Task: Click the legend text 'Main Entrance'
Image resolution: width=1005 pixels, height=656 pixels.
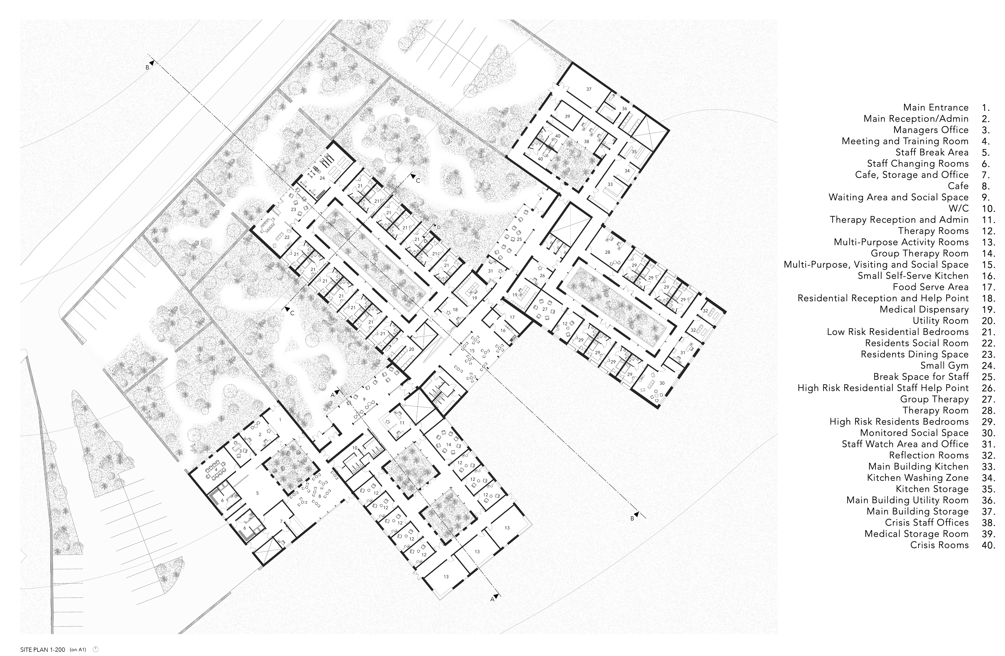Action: [x=936, y=108]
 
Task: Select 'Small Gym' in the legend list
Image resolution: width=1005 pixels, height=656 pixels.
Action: [x=944, y=366]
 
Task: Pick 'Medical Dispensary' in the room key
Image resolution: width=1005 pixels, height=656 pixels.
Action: [x=924, y=310]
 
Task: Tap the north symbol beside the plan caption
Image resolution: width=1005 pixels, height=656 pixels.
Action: [x=96, y=649]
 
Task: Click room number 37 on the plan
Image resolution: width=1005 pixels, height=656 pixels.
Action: [x=589, y=89]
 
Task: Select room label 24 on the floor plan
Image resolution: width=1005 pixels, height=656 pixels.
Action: [x=322, y=178]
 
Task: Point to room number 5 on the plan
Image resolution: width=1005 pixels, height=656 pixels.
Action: [x=257, y=493]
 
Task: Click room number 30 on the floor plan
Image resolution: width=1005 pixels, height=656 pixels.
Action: [x=662, y=383]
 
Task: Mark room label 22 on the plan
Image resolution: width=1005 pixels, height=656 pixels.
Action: [x=287, y=237]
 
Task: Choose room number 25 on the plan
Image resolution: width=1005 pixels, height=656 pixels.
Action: [x=520, y=239]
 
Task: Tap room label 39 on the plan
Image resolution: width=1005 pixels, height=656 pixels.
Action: [x=567, y=116]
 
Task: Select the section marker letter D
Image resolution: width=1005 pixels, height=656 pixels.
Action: [x=439, y=227]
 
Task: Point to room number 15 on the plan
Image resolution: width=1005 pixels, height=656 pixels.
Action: [x=472, y=351]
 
